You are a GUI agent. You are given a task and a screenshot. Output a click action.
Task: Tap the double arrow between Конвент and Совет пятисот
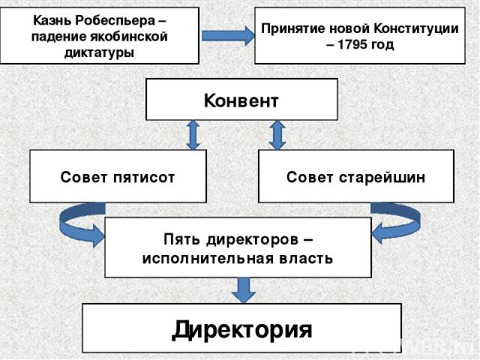click(193, 135)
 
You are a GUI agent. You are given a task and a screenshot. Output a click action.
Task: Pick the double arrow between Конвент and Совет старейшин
click(277, 135)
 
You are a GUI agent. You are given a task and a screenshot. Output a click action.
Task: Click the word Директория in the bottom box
click(241, 329)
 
